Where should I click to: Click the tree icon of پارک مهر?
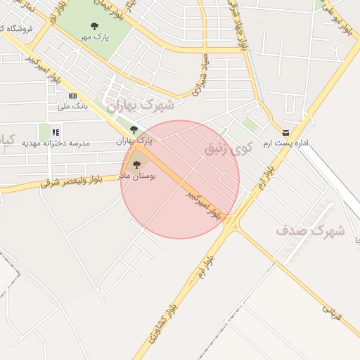click(x=94, y=26)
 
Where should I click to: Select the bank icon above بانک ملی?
click(x=72, y=96)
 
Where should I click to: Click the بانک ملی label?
click(x=72, y=106)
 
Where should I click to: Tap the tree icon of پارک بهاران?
click(x=134, y=129)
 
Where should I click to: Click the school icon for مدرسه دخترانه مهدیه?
click(x=56, y=131)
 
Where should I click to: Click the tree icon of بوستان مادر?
click(x=136, y=165)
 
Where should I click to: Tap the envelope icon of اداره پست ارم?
click(x=285, y=132)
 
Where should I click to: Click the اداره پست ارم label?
click(x=285, y=143)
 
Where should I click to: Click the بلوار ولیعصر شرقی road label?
click(x=71, y=182)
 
